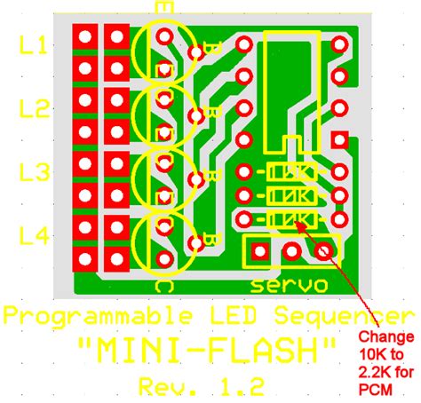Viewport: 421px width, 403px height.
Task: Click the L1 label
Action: tap(34, 46)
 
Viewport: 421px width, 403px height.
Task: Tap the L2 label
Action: tap(34, 110)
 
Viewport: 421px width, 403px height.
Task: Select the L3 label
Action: tap(34, 173)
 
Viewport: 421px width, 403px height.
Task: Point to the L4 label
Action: tap(34, 237)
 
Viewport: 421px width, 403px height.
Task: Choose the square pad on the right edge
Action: tap(339, 139)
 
